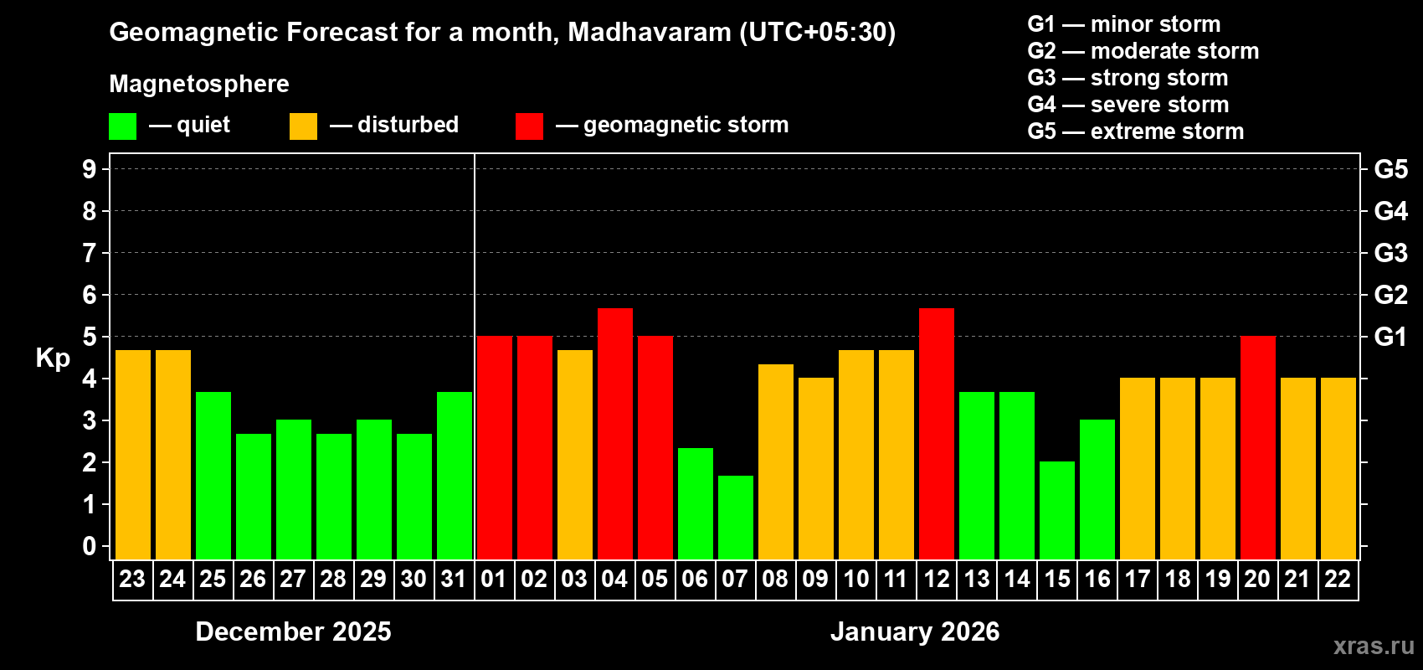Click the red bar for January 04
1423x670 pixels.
(x=614, y=434)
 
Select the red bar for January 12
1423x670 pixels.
(x=936, y=434)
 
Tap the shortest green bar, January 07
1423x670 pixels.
(x=735, y=518)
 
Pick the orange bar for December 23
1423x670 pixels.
(x=132, y=455)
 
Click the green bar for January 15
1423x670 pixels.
(x=1056, y=510)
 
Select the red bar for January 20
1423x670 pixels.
(x=1257, y=447)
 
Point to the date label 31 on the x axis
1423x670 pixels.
(x=454, y=580)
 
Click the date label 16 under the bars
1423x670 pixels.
(x=1097, y=580)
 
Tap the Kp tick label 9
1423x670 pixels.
(x=90, y=169)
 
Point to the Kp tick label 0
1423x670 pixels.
(x=90, y=547)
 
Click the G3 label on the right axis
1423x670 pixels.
(x=1390, y=253)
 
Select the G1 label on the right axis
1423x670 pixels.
(x=1390, y=337)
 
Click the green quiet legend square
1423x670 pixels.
(x=122, y=126)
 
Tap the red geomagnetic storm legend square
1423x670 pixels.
(x=529, y=126)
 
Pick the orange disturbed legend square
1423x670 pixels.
(x=303, y=126)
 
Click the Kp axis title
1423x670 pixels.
(x=53, y=358)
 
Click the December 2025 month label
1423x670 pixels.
(x=293, y=631)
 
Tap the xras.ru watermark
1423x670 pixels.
(x=1374, y=646)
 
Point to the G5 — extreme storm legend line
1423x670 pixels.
(x=1135, y=131)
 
